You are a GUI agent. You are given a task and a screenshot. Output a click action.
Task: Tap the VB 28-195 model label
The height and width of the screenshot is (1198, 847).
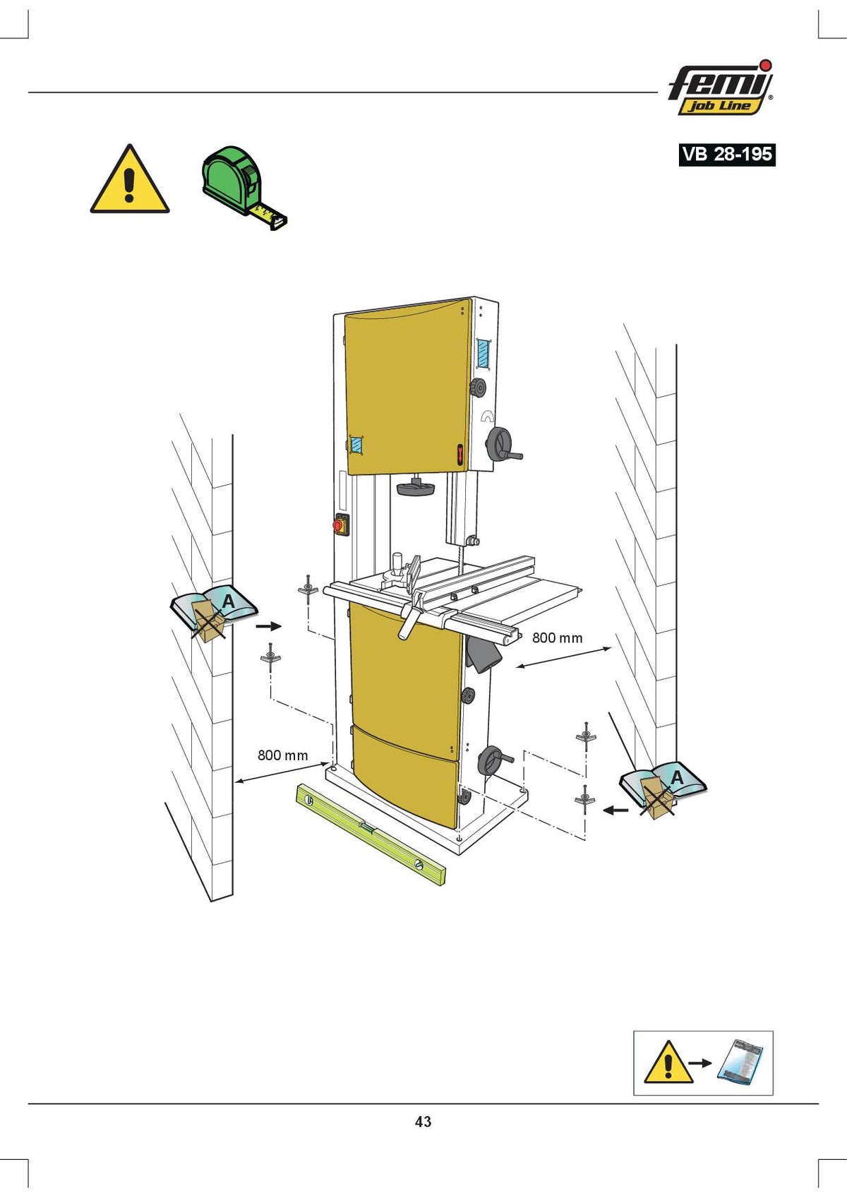coord(727,155)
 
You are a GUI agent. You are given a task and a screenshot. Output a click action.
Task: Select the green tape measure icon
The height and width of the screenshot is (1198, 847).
coord(244,187)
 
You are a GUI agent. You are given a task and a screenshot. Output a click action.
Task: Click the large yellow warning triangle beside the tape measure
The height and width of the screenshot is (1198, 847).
coord(129,179)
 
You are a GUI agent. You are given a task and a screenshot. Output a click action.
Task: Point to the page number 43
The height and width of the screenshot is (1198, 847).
coord(423,1122)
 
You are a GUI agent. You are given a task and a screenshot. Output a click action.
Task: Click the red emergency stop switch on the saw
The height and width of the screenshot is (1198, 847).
coord(341,524)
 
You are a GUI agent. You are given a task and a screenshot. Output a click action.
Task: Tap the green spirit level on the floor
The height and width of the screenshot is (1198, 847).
coord(371,834)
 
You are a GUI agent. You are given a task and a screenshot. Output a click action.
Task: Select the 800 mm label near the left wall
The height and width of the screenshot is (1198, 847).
coord(283,755)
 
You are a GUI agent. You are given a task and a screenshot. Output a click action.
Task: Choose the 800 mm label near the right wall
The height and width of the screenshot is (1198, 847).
coord(557,637)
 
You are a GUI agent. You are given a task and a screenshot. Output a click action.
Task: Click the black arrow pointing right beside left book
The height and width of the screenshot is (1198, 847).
coord(268,626)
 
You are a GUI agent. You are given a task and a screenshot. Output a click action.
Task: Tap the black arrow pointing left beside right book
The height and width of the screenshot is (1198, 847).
coord(615,810)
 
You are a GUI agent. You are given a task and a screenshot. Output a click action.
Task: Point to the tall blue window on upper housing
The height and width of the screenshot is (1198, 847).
coord(483,353)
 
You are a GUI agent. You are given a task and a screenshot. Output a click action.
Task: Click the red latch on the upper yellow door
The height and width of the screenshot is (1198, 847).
coord(459,455)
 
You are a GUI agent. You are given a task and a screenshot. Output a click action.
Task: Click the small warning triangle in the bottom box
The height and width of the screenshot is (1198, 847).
coord(668,1062)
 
